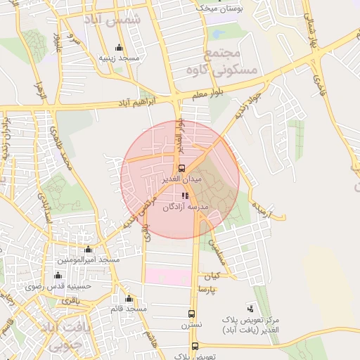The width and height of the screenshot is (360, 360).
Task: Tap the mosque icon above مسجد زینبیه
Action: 118,49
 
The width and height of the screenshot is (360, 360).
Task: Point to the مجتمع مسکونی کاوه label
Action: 212,62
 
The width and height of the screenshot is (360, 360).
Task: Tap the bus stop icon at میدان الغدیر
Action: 182,168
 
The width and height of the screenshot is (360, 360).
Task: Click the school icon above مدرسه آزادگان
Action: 184,196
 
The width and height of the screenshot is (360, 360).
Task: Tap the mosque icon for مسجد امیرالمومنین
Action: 88,250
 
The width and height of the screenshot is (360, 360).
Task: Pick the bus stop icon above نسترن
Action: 192,314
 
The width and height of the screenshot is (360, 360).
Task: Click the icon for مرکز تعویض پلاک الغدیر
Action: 251,308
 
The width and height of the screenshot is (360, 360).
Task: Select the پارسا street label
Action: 207,289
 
